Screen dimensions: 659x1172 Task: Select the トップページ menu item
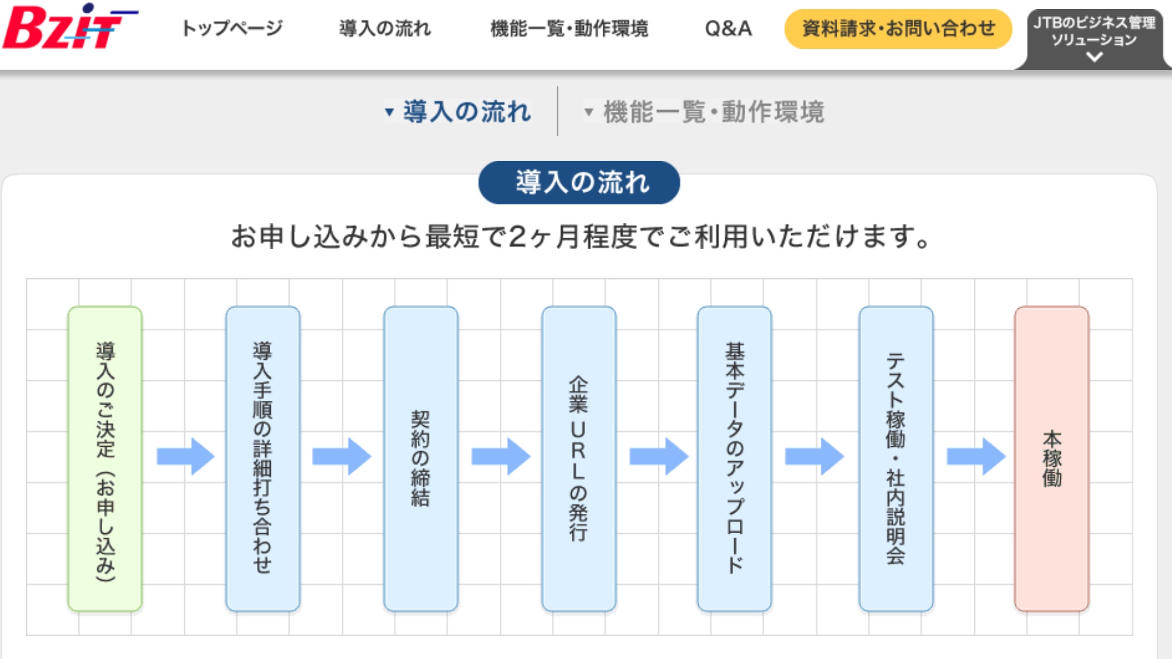point(232,28)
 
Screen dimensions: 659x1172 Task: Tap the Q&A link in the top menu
point(728,28)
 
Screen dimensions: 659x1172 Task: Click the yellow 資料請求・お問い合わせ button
point(898,28)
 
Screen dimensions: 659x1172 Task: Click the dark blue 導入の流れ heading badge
point(579,182)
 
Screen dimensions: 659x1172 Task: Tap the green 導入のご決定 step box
point(105,459)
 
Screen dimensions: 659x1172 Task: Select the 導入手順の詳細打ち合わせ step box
point(263,459)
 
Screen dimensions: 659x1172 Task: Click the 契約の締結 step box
point(421,459)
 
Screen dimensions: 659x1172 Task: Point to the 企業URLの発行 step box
point(578,459)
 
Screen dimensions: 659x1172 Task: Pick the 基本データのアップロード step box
point(734,459)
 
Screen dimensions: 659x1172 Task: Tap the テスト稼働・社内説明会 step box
point(896,459)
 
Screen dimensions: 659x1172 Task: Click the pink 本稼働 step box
point(1052,459)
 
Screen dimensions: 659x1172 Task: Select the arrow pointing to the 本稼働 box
point(976,456)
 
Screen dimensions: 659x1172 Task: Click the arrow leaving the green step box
point(185,456)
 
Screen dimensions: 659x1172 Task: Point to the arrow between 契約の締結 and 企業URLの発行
point(500,456)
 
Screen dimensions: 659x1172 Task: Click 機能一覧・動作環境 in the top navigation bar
point(569,28)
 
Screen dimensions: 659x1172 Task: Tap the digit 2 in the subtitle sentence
point(518,236)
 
